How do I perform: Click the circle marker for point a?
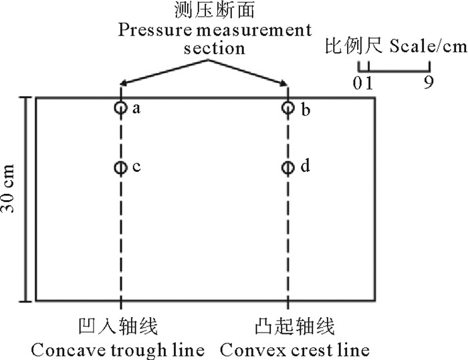pyautogui.click(x=120, y=108)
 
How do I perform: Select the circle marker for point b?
pyautogui.click(x=288, y=108)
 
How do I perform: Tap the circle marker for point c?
pyautogui.click(x=120, y=167)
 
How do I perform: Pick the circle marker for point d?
pyautogui.click(x=288, y=167)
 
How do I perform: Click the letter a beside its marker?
pyautogui.click(x=136, y=108)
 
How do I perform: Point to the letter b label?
pyautogui.click(x=305, y=109)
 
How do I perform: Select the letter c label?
pyautogui.click(x=136, y=167)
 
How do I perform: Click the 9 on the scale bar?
pyautogui.click(x=429, y=83)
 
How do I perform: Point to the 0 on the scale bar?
pyautogui.click(x=359, y=83)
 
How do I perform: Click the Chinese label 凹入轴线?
pyautogui.click(x=120, y=327)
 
